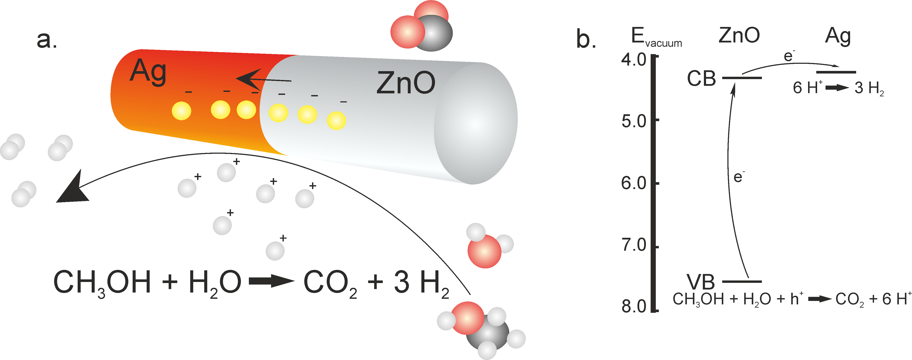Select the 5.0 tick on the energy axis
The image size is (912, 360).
(634, 121)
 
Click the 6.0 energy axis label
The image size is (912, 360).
(634, 183)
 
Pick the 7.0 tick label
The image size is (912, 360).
(634, 245)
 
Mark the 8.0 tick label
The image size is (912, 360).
(634, 306)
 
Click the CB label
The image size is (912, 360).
(701, 79)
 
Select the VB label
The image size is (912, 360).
(701, 282)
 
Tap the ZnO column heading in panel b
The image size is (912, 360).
(739, 35)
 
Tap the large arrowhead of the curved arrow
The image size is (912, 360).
(73, 189)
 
